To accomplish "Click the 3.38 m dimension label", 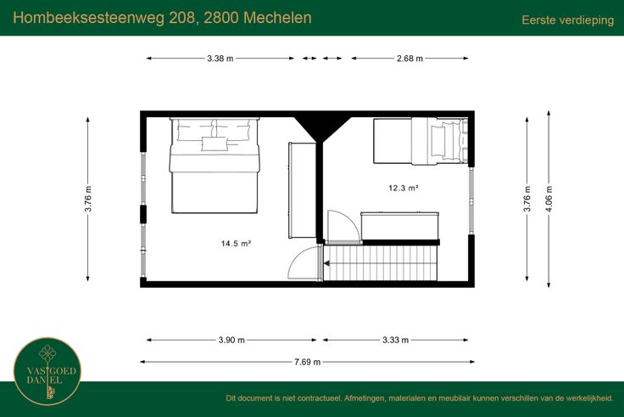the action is (x=220, y=59).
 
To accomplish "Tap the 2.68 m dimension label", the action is (x=409, y=59).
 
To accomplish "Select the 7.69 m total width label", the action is (x=307, y=362).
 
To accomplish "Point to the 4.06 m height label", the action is (x=549, y=199).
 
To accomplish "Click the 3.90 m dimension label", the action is (x=231, y=340).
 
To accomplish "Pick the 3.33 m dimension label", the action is (x=396, y=340).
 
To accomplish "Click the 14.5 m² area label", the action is (x=236, y=243).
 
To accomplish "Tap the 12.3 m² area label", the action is (x=404, y=188).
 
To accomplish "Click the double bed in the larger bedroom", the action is (x=214, y=166).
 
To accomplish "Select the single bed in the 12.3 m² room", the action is (x=421, y=141).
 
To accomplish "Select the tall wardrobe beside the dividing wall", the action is (x=302, y=190).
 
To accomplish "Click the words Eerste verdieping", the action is (x=568, y=20).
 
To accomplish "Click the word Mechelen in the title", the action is (x=277, y=18).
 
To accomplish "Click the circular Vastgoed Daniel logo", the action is (x=47, y=372).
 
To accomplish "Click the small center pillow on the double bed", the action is (x=214, y=144).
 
